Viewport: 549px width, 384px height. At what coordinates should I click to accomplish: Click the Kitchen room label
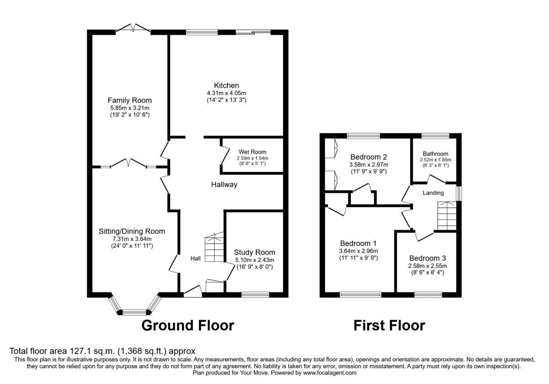click(226, 85)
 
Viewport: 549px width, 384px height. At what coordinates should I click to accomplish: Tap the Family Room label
click(129, 100)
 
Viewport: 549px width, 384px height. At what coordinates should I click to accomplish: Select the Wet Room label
click(252, 152)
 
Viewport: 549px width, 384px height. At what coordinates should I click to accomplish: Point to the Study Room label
click(254, 252)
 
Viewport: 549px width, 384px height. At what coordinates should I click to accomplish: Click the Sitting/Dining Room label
click(132, 231)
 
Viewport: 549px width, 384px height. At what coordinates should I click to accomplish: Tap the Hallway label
click(224, 185)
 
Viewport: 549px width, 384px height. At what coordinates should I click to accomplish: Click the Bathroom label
click(436, 154)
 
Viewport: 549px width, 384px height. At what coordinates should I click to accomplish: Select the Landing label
click(433, 193)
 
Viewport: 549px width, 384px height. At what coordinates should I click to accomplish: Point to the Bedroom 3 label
click(427, 258)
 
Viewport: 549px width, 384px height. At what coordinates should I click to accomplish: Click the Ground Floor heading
click(188, 325)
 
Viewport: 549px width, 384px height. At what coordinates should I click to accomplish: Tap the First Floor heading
click(389, 325)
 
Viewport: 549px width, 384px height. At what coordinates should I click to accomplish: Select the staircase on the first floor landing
click(447, 216)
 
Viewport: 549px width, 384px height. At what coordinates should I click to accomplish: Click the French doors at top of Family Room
click(133, 30)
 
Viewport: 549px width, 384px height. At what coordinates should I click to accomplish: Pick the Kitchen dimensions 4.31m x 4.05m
click(226, 93)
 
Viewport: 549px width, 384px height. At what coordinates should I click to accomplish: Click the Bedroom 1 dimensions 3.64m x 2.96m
click(359, 251)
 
